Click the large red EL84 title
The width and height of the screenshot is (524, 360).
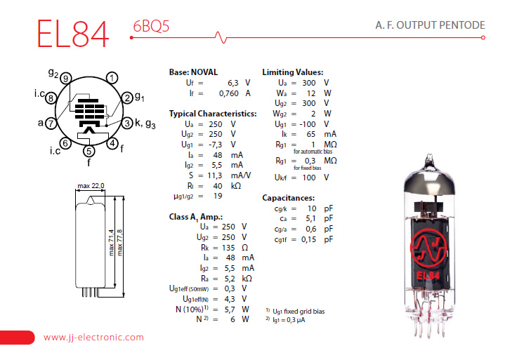coord(73,34)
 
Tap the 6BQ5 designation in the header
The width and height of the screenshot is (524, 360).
coord(151,26)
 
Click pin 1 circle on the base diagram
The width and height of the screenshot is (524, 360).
coord(112,78)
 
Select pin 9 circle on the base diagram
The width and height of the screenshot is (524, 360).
coord(66,79)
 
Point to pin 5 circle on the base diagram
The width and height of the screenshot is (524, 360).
coord(89,152)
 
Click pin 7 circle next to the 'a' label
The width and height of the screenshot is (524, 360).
coord(51,124)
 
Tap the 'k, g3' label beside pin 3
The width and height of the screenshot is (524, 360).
coord(145,124)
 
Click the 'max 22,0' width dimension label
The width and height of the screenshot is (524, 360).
coord(91,186)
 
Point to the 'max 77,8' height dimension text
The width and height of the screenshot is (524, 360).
coord(120,243)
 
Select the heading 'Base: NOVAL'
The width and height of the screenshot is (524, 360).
coord(193,72)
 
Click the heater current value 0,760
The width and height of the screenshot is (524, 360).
coord(229,93)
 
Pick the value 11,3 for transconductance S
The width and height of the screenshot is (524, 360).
coord(214,175)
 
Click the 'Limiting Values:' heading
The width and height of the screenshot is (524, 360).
coord(293,72)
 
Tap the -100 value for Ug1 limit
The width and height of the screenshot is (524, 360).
coord(308,124)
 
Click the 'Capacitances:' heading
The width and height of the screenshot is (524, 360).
coord(289,198)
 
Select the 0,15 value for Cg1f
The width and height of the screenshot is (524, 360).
coord(308,239)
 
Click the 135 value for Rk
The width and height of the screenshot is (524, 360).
coord(228,248)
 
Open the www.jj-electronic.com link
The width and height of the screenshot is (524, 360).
coord(93,338)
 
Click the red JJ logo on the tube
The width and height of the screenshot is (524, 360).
coord(428,249)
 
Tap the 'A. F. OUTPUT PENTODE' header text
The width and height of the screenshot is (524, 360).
coord(430,25)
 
